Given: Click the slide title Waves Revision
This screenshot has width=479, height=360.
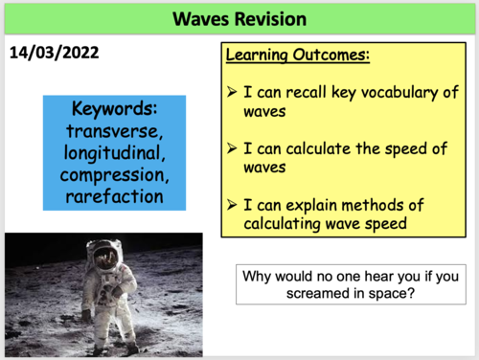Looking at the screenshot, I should (x=239, y=18).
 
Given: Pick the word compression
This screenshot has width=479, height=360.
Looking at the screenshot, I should (x=115, y=175).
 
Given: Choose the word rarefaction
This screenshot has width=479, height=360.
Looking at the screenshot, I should (x=115, y=197).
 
